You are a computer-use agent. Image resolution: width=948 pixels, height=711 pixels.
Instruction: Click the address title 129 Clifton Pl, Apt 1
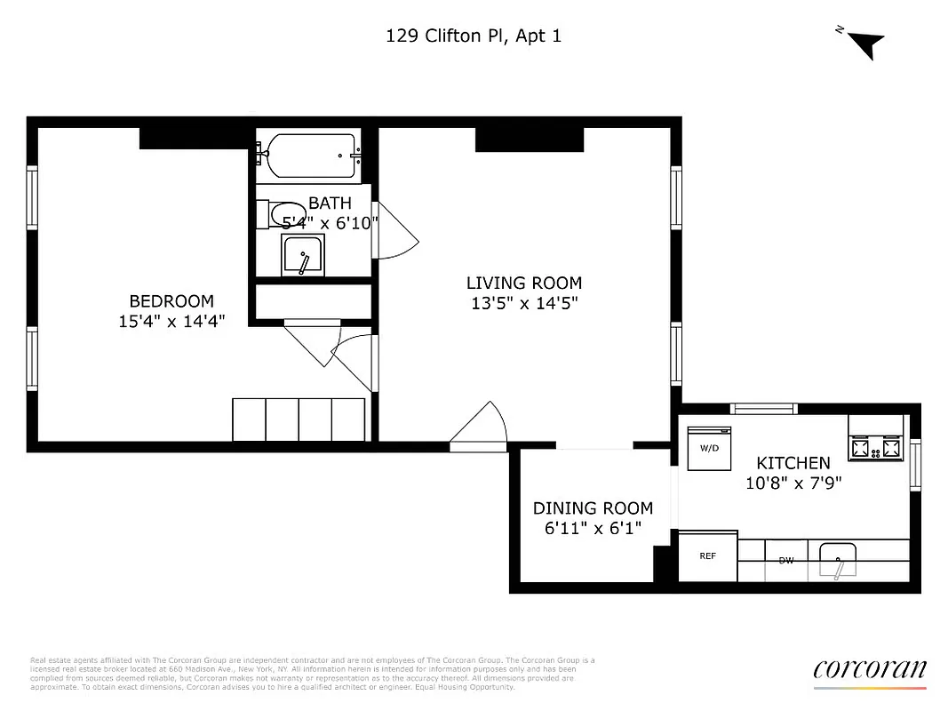(x=474, y=36)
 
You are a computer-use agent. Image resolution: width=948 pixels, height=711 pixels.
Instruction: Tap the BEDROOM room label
(x=171, y=301)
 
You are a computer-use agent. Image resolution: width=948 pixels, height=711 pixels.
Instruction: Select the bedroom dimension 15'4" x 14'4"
(x=171, y=322)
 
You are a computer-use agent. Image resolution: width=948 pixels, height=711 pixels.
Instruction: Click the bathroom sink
(x=304, y=255)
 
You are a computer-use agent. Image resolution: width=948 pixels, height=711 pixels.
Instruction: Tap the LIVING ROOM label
(x=524, y=284)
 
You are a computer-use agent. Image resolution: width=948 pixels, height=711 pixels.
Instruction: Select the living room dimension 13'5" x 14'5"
(x=524, y=303)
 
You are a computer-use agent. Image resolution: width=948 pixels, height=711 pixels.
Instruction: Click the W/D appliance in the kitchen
(x=709, y=448)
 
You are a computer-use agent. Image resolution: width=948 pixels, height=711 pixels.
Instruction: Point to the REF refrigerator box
(x=708, y=556)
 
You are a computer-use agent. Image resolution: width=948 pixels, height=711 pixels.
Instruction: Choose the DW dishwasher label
(x=785, y=561)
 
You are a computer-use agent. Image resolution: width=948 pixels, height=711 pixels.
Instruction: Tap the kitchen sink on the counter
(x=837, y=559)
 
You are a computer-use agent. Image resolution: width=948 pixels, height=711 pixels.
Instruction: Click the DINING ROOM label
(x=593, y=508)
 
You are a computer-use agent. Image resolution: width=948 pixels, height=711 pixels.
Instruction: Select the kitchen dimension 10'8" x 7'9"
(x=793, y=483)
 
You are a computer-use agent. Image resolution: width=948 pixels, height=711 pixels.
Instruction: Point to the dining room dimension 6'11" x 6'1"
(x=593, y=529)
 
